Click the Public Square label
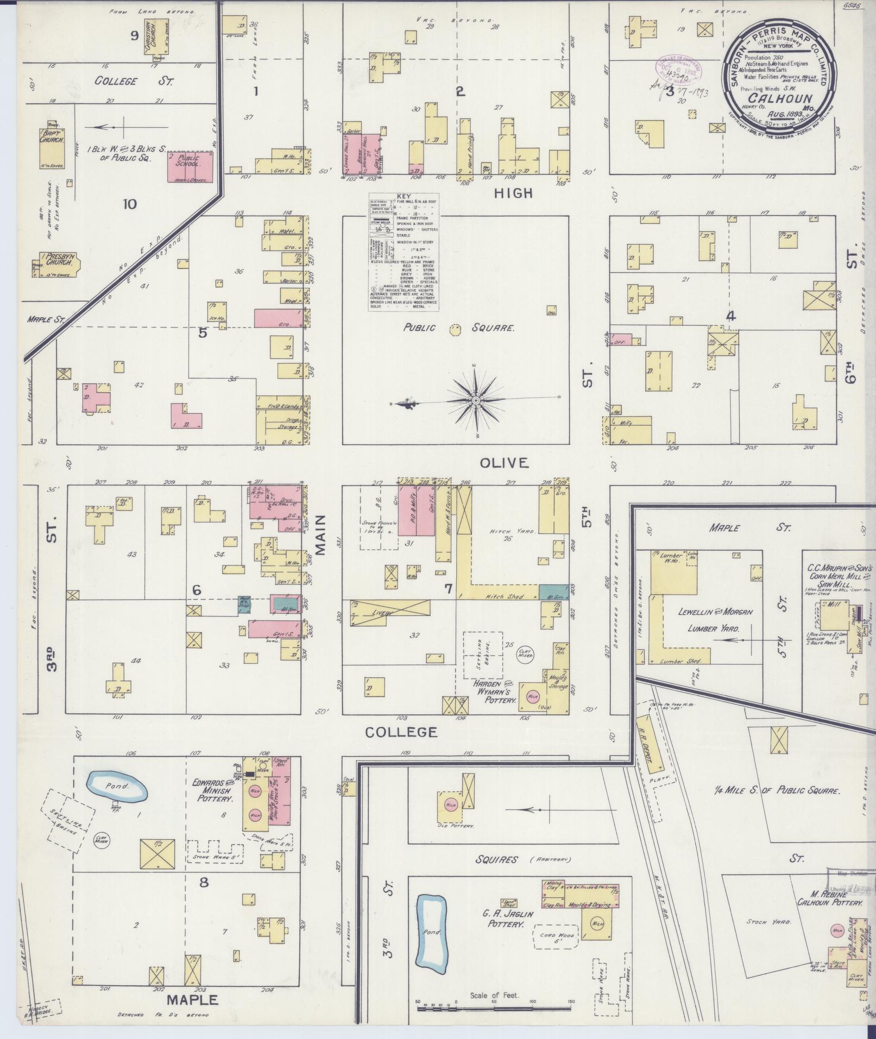point(459,328)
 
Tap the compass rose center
point(476,400)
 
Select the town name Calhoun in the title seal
point(780,98)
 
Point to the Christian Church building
point(154,37)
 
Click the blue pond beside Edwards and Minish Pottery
point(117,787)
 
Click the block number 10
point(129,204)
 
